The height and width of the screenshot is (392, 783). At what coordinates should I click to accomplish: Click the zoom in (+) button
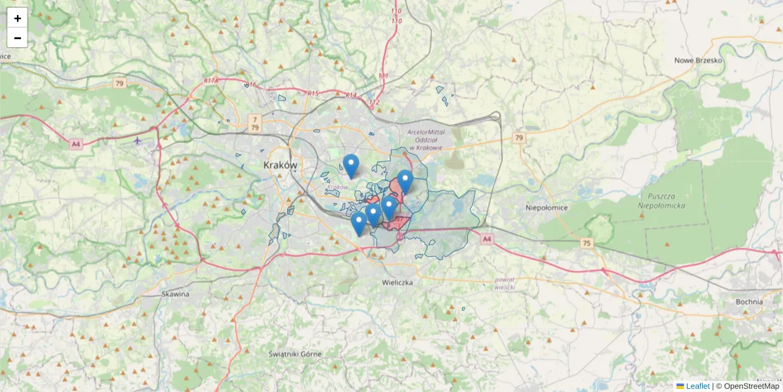tap(18, 18)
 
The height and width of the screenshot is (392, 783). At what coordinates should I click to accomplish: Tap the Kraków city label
tap(281, 165)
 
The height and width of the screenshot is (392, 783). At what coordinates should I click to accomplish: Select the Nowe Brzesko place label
tap(698, 60)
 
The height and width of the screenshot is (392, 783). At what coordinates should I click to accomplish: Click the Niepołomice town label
tap(547, 208)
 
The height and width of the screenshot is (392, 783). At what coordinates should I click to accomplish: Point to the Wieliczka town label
tap(397, 283)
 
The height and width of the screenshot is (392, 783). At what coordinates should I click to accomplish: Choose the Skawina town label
tap(175, 294)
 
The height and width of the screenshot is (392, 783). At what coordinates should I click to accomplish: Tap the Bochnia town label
tap(749, 302)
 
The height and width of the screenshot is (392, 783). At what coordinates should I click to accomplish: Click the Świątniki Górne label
tap(295, 353)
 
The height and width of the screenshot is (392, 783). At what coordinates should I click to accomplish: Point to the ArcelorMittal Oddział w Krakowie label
tap(426, 139)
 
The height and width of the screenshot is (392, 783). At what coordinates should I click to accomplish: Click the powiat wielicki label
tap(505, 283)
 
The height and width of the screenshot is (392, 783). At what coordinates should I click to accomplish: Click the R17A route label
tap(211, 80)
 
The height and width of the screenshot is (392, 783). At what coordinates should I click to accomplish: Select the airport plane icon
tap(138, 140)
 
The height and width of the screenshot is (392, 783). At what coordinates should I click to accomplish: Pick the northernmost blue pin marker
tap(351, 166)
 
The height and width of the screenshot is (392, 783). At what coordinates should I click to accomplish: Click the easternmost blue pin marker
tap(405, 182)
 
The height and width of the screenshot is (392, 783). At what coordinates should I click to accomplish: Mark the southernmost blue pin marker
tap(358, 223)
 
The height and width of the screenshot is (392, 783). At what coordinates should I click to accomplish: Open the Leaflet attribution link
tap(697, 386)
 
